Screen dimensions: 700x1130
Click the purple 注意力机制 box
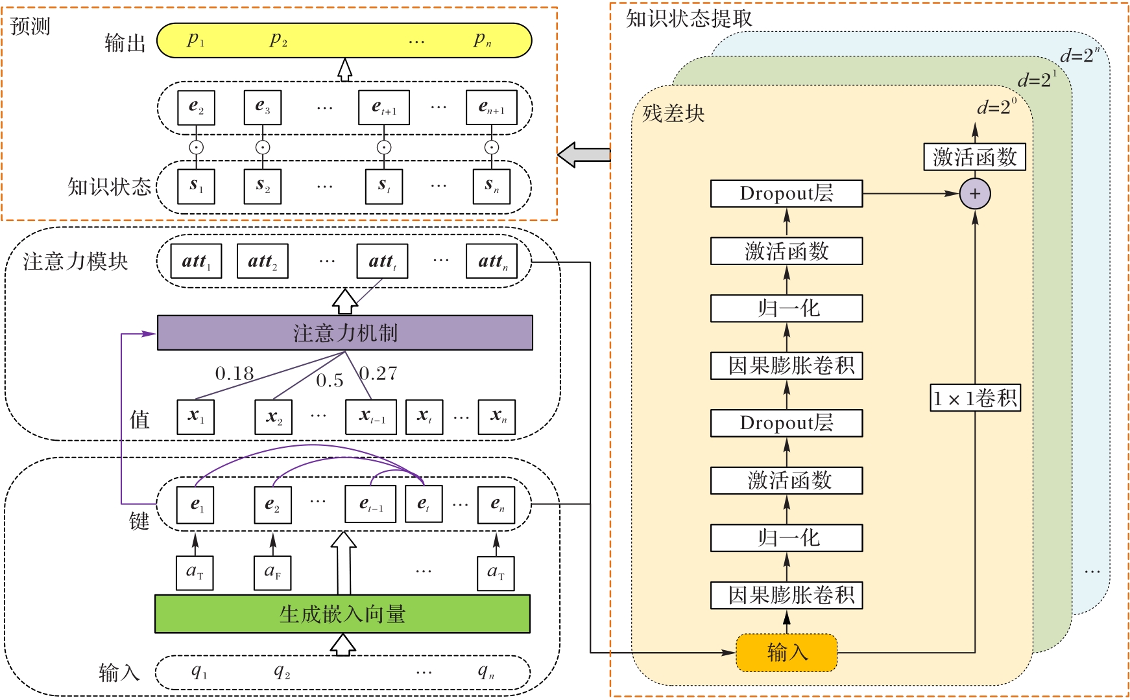[344, 333]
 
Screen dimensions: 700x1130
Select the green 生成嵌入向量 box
[343, 614]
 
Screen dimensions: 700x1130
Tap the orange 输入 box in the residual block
[787, 653]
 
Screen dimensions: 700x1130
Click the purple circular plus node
[975, 194]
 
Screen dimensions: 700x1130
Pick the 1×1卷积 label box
[976, 398]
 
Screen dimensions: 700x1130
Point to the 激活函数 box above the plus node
[974, 157]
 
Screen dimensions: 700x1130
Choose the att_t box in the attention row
[383, 261]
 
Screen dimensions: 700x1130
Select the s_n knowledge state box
[492, 187]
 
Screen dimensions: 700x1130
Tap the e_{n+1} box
[492, 108]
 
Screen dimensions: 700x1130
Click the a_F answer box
[272, 573]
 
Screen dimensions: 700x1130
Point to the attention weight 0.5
[330, 380]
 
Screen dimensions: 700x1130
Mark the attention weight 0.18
[234, 373]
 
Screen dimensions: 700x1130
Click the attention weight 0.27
[378, 373]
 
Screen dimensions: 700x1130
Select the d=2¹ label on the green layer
[1037, 80]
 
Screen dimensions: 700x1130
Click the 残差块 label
[673, 114]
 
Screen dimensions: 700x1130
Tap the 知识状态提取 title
[689, 19]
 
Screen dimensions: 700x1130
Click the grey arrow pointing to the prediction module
[584, 155]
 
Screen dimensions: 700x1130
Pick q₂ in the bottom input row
[282, 672]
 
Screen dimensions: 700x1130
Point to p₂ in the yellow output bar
[278, 40]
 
